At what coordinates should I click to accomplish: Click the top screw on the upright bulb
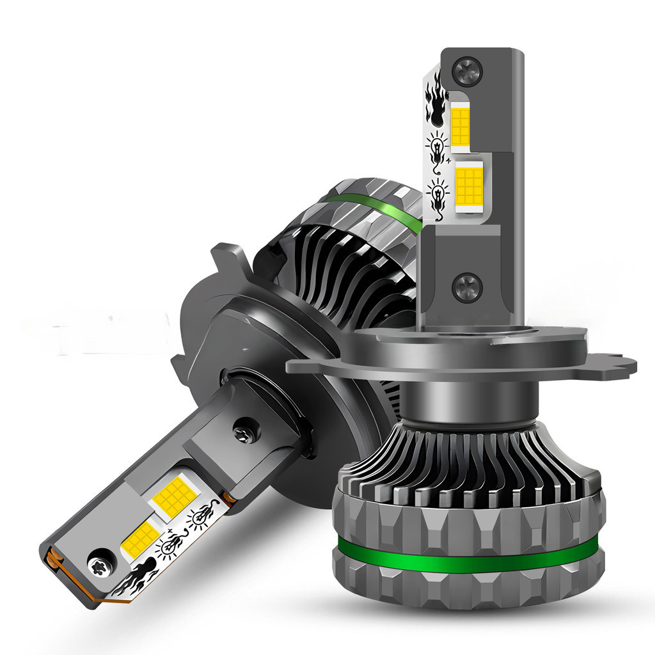467,70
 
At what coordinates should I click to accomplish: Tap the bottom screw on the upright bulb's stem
466,287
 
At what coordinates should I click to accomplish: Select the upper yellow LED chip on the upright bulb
460,127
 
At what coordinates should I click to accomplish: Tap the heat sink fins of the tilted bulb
333,269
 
